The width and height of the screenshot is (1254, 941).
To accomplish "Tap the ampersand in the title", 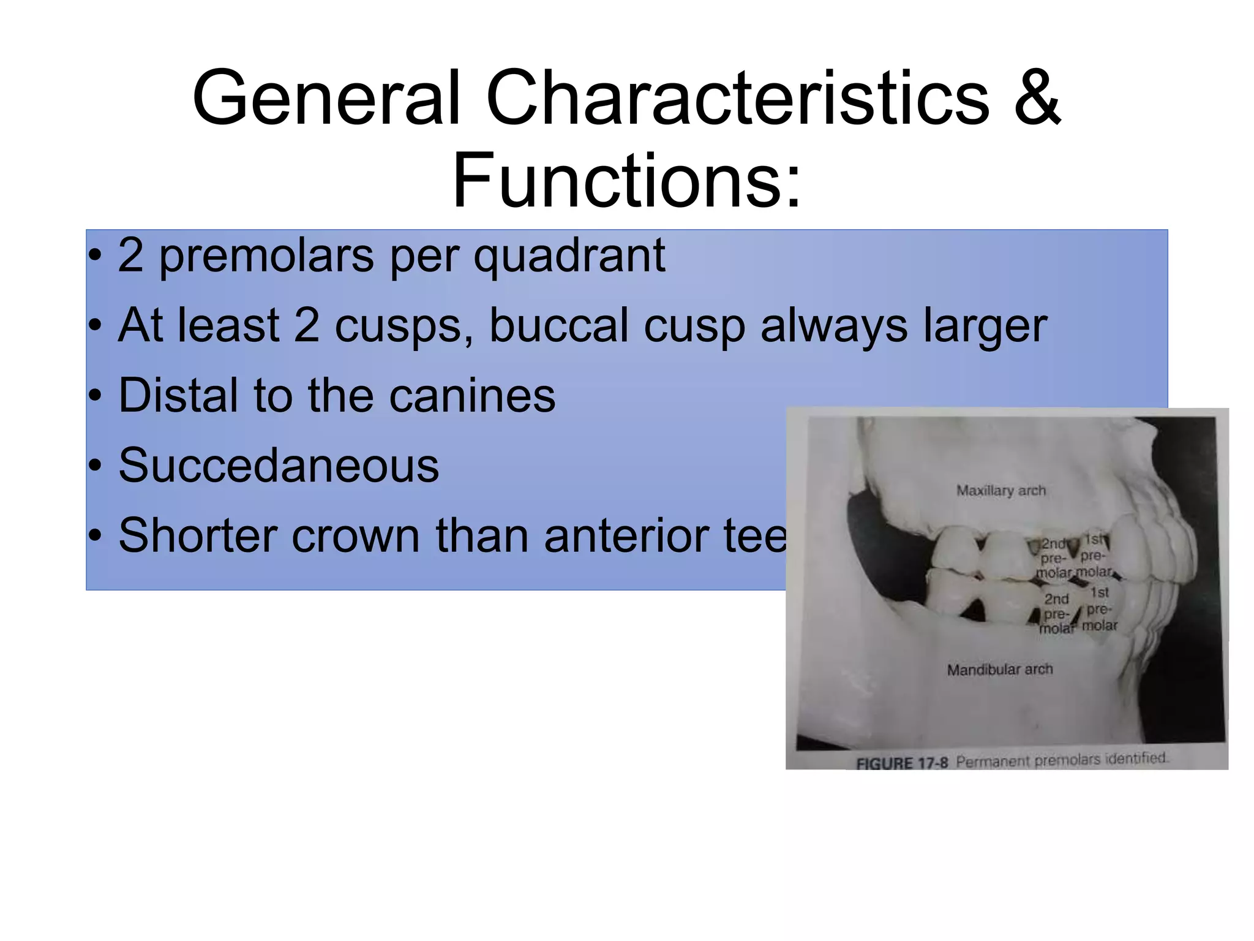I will click(x=1037, y=98).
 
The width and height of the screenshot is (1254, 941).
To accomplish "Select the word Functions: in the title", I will click(x=626, y=181).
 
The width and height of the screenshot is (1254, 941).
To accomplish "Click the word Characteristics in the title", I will click(x=737, y=98).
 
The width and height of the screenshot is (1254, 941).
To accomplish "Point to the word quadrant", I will click(x=569, y=255).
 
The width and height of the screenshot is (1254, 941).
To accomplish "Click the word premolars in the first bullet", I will click(x=266, y=255).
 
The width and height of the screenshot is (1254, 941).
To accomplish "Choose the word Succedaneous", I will click(x=279, y=465).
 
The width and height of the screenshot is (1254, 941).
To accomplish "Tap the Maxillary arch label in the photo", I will click(x=1001, y=491).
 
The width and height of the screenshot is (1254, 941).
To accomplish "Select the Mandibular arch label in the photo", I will click(x=1000, y=670).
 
